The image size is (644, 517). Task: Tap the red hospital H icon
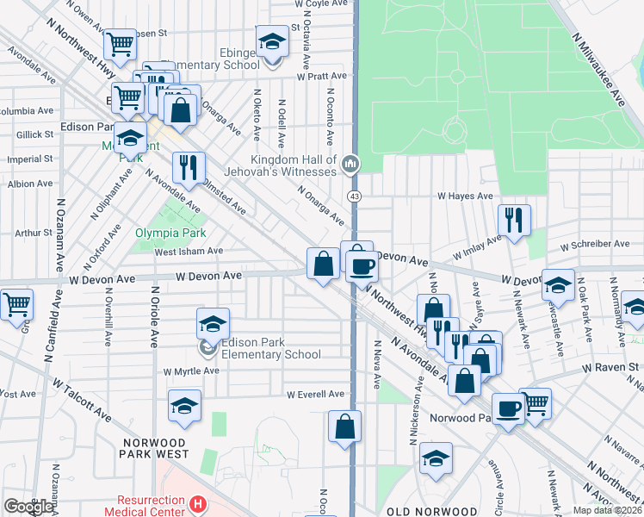coord(199,503)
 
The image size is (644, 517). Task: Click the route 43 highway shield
coord(353,196)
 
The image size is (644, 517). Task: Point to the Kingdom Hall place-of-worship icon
coord(350,164)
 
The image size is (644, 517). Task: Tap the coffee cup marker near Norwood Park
coord(509,408)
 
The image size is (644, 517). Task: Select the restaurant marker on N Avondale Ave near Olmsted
coord(188,166)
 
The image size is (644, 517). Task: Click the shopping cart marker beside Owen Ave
coord(120,44)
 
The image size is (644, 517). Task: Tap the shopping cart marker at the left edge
coord(15,304)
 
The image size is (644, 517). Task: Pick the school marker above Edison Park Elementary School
coord(213,323)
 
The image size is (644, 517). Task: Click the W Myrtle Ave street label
coord(191,371)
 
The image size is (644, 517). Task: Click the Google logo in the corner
coord(28,507)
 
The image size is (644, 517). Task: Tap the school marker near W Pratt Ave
coord(272,41)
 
